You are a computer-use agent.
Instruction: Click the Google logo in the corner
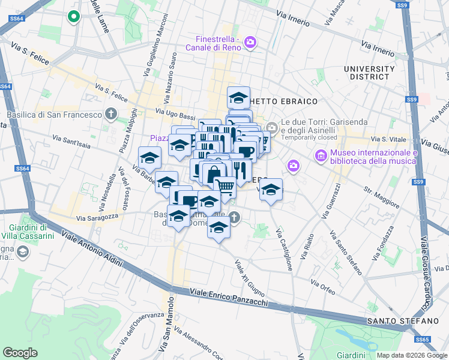coord(20,353)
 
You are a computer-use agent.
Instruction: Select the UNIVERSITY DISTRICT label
coord(369,73)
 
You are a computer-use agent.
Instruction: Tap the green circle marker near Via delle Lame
coord(74,17)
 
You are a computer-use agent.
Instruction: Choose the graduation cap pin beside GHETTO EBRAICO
coord(238,97)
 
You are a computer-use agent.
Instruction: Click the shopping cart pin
coord(225,187)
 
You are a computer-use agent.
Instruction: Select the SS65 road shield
coord(423,340)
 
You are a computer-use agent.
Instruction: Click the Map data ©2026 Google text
coord(412,355)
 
